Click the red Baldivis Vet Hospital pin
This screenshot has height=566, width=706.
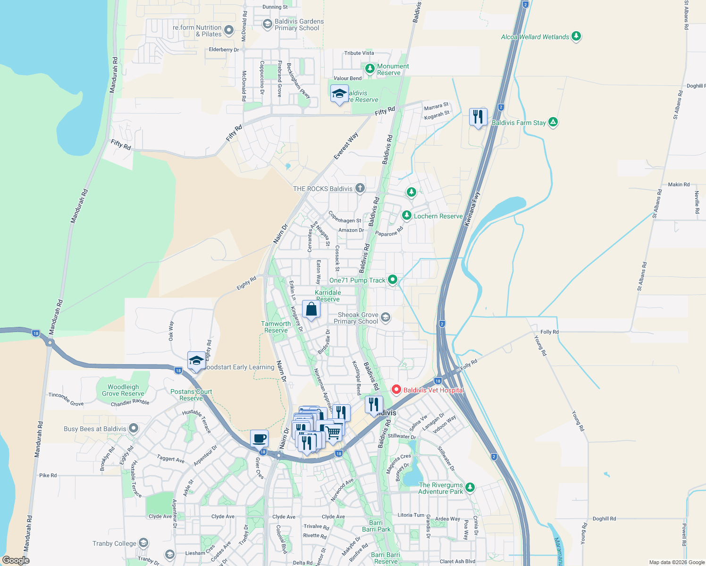point(396,390)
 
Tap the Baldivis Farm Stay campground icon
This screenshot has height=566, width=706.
point(553,122)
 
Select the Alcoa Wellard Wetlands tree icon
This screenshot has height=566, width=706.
point(576,36)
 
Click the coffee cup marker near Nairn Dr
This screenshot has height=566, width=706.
point(259,439)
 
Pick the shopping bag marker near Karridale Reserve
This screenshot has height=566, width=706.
point(311,309)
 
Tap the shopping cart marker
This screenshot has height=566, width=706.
point(333,431)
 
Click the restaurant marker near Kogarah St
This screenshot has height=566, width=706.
point(478,117)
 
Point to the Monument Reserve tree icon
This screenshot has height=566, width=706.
point(370,69)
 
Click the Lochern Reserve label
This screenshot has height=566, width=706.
point(438,216)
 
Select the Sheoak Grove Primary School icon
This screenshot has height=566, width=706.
point(386,317)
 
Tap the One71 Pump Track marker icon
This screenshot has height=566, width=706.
point(392,280)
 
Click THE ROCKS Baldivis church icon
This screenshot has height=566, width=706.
point(360,189)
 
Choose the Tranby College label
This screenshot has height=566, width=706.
point(114,543)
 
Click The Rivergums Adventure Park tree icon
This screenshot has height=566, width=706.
point(470,487)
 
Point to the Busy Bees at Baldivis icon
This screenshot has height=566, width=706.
point(134,429)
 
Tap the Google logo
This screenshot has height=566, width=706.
point(16,560)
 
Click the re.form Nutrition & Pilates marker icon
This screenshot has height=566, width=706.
point(229,31)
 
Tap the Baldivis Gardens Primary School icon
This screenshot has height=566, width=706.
point(267,24)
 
